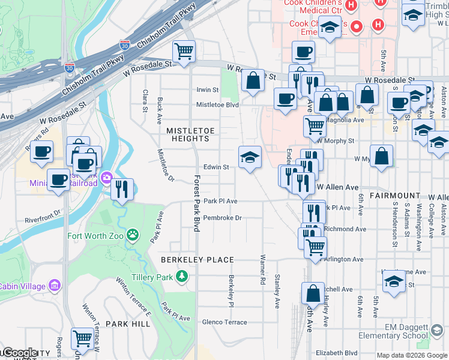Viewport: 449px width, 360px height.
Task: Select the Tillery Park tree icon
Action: pos(181,276)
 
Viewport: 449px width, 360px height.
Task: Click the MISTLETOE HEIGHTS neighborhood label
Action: pos(188,134)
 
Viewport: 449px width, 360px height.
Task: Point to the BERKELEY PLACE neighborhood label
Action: pos(196,260)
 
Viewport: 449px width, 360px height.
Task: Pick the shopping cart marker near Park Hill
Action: pos(82,338)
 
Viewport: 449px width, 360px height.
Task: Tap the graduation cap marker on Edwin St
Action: pos(250,158)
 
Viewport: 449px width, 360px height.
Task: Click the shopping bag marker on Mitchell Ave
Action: pos(313,293)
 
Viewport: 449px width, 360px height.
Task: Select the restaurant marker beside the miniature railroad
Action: pos(122,190)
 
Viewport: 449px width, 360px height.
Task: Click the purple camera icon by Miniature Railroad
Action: pos(107,177)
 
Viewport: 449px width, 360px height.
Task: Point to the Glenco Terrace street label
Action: pos(224,322)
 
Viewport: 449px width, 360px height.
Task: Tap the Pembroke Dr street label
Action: pos(222,218)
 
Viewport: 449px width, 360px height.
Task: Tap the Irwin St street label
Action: pos(208,90)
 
